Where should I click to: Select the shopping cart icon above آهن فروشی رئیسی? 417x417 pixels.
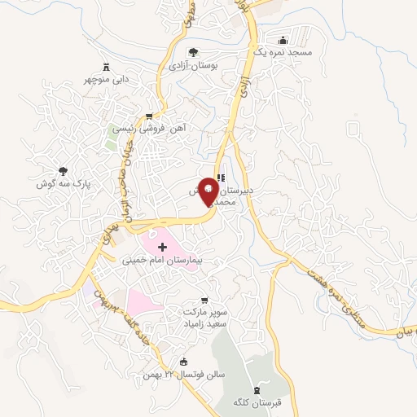148,116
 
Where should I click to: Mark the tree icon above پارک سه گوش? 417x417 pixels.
61,171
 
